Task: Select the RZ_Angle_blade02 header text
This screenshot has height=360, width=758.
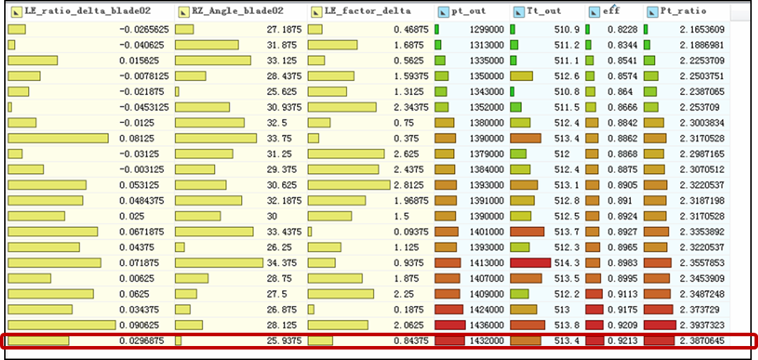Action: [x=238, y=11]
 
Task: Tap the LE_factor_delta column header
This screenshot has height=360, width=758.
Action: [x=367, y=11]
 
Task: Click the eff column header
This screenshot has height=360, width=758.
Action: [x=611, y=11]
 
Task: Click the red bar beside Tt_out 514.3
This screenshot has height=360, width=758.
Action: [x=531, y=263]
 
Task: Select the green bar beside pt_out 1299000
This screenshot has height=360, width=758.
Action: [x=437, y=29]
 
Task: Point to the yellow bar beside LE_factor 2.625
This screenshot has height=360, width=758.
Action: [x=346, y=154]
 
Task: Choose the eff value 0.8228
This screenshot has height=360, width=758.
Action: [x=622, y=29]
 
